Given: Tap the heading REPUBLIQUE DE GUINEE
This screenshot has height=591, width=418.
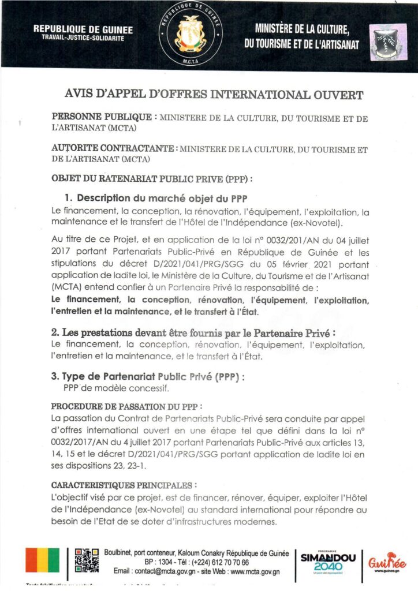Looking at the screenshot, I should [x=83, y=29].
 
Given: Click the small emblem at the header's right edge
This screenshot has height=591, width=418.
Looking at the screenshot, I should [x=387, y=40].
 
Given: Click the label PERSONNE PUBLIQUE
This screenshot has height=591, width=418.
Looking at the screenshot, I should [x=102, y=117].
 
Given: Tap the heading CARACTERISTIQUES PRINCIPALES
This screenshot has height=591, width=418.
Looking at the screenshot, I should [x=124, y=486].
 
